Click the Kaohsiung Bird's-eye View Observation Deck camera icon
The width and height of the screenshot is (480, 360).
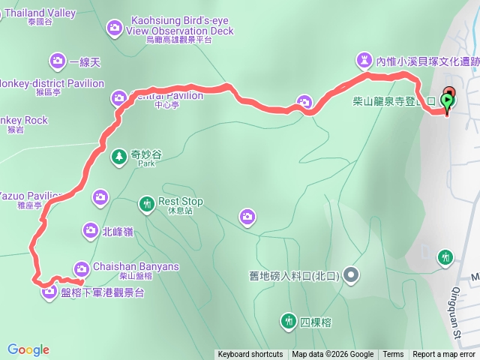point(114,28)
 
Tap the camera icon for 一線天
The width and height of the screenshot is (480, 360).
point(58,61)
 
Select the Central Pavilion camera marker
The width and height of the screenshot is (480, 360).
point(119,97)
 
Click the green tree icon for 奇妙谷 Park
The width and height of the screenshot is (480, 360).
point(118,156)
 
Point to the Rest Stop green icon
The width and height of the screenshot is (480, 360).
point(146,202)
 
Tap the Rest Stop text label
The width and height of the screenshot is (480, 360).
point(181,202)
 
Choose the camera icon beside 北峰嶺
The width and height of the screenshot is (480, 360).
point(90,230)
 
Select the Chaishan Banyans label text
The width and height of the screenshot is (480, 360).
point(136,266)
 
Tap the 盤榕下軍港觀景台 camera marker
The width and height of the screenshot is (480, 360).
point(49,292)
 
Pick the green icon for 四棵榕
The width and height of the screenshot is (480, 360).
point(288,322)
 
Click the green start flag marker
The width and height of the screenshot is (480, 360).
point(448,99)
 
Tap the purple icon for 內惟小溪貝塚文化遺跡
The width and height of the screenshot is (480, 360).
point(365,59)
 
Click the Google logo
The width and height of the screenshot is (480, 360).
point(28,349)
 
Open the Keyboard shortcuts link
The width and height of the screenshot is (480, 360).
point(250,355)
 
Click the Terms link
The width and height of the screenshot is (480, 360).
point(393,355)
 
